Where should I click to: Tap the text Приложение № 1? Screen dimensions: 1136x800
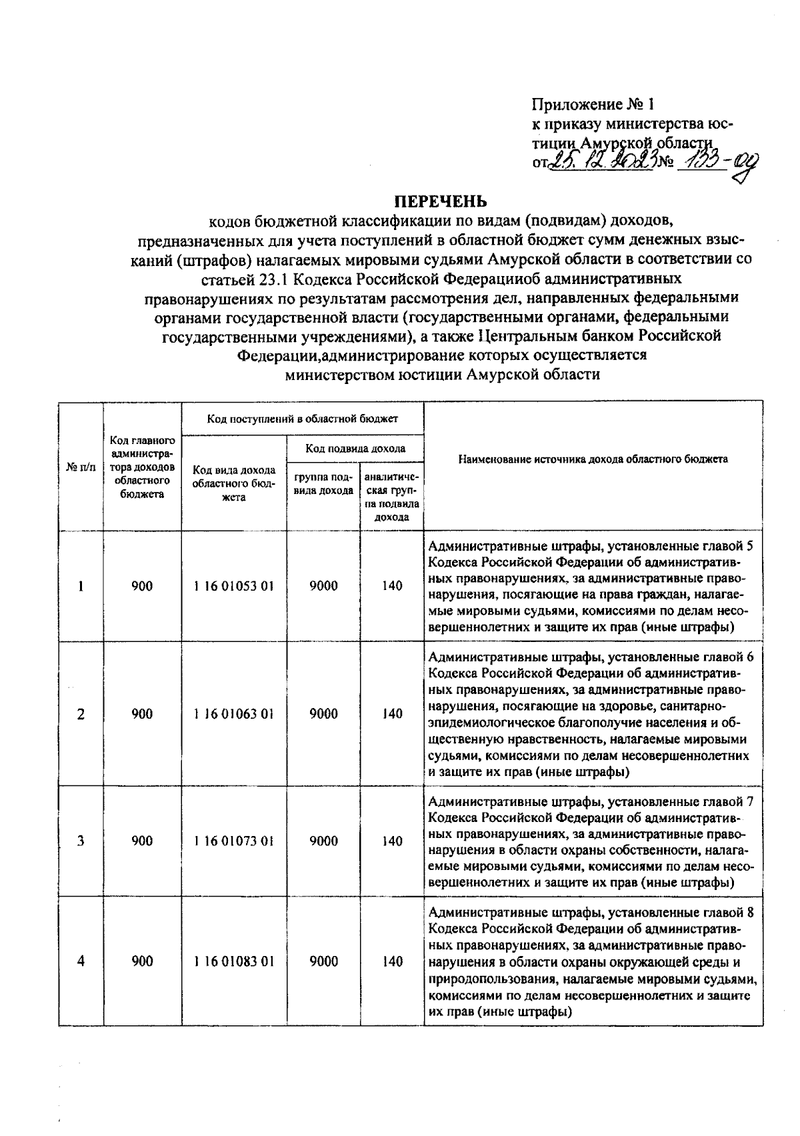pos(593,105)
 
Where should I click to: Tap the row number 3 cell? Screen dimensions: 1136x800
pos(81,841)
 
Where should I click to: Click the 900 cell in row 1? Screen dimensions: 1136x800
pos(141,587)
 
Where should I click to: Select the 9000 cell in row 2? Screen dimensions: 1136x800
pos(323,714)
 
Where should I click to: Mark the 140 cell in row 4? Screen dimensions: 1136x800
pos(392,961)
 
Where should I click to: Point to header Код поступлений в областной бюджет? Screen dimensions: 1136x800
pos(302,419)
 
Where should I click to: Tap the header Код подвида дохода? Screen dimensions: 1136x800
pos(355,449)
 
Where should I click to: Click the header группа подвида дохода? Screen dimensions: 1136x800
pos(323,484)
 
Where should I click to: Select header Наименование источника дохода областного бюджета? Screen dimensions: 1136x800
pos(593,459)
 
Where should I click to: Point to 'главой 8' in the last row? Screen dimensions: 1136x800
pos(731,912)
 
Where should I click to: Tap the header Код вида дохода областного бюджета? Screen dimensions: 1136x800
pos(233,484)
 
